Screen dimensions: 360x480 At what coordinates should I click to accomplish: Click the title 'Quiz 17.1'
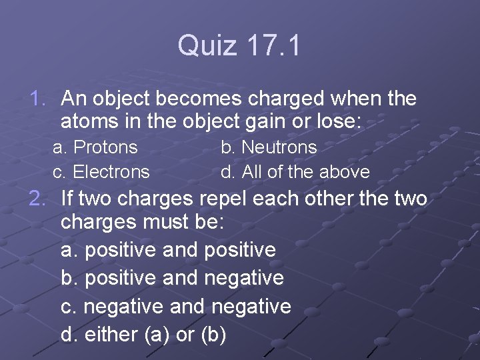coord(239,46)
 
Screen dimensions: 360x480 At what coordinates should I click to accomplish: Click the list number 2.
coord(37,198)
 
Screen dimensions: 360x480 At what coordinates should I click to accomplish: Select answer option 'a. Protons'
coord(95,147)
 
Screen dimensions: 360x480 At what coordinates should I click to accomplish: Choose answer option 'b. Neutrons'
coord(269,147)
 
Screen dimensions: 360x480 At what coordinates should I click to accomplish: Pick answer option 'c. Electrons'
coord(101,171)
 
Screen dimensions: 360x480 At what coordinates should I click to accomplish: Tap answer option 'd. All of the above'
coord(295,171)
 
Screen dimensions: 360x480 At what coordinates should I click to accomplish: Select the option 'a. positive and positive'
coord(168,250)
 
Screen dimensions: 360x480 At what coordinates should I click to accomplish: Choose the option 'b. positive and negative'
coord(172,278)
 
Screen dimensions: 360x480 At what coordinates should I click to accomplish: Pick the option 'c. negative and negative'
coord(176,306)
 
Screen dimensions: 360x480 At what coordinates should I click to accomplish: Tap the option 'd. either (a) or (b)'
coord(143,334)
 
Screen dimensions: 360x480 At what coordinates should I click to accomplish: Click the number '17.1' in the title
coord(274,46)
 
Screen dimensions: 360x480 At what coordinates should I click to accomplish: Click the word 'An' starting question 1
coord(73,99)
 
